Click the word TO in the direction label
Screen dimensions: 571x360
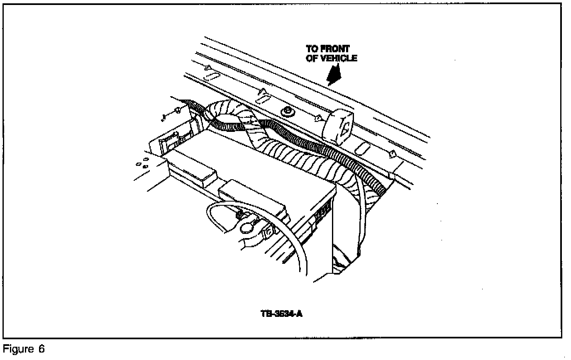pyautogui.click(x=312, y=49)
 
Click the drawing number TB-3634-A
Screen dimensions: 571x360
pyautogui.click(x=281, y=314)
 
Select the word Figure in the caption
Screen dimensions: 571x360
pyautogui.click(x=16, y=349)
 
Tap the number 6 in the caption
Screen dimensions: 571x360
pyautogui.click(x=41, y=349)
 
